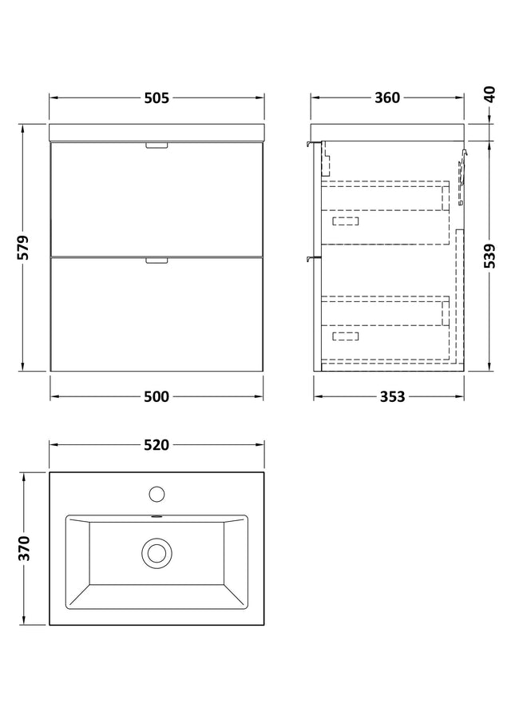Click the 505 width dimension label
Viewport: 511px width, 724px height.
click(x=156, y=97)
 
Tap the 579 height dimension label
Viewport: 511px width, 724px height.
click(x=23, y=248)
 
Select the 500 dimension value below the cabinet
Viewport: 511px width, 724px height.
click(x=156, y=396)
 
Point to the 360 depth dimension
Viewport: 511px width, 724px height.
click(x=387, y=97)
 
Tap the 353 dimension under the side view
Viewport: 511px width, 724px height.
click(x=393, y=396)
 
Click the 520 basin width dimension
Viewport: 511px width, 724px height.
click(x=156, y=444)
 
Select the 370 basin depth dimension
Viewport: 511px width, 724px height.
click(x=23, y=548)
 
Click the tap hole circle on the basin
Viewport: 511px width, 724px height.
click(x=156, y=494)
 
